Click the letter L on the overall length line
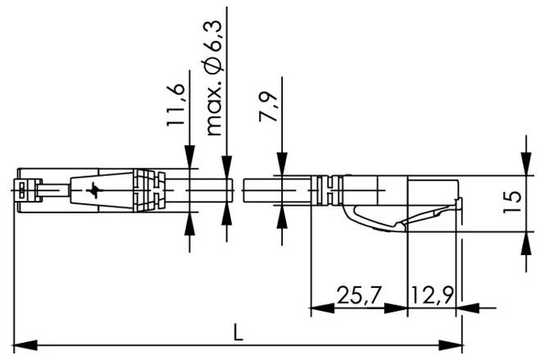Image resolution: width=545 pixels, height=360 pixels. pyautogui.click(x=237, y=331)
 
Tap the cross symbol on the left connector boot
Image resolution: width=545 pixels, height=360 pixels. pyautogui.click(x=97, y=191)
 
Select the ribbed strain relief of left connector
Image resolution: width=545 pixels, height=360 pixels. pyautogui.click(x=152, y=191)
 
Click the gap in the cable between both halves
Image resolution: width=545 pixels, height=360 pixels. pyautogui.click(x=240, y=190)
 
